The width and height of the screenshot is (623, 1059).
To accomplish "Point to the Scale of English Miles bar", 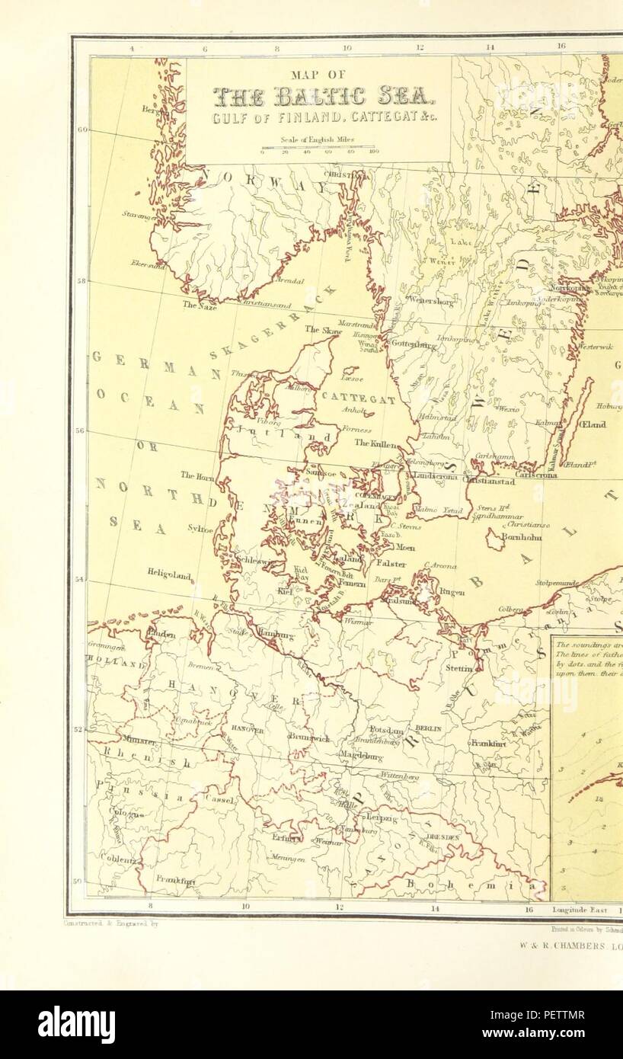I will [318, 148].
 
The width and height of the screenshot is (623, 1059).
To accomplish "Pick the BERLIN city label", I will [428, 728].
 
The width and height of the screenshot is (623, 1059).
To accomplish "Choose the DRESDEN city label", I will [443, 837].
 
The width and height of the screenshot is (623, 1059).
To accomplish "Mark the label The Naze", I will [200, 305].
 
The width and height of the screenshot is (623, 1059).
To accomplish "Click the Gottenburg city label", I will [412, 344].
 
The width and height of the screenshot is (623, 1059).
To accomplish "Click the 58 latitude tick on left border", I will [81, 280].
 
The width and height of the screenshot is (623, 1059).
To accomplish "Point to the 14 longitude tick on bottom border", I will [434, 908].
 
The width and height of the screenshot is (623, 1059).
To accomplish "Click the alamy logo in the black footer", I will [76, 1025].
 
